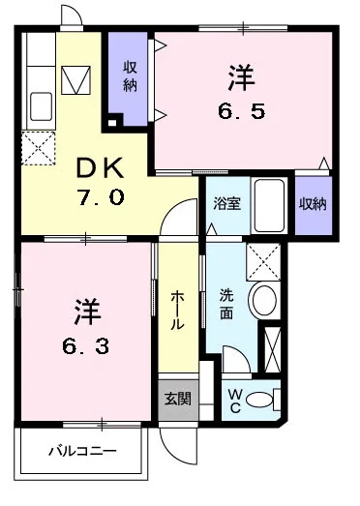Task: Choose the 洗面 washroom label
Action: tap(226, 306)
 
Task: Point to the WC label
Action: tap(236, 399)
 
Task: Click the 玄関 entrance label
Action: tap(177, 398)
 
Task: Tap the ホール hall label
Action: tap(177, 311)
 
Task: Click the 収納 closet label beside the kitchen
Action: tap(130, 76)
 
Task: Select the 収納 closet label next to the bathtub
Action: tap(311, 203)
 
